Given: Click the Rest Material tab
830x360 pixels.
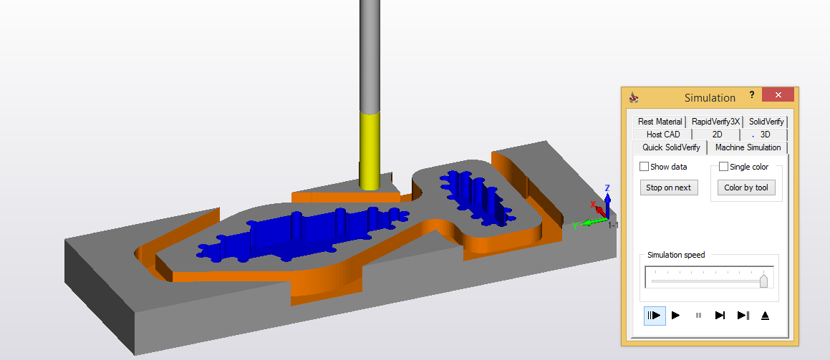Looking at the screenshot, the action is (660, 122).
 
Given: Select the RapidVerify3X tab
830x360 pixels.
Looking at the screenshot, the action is (715, 122).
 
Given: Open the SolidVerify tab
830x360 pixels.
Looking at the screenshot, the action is (766, 122).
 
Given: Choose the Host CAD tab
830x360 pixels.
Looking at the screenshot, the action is (662, 135).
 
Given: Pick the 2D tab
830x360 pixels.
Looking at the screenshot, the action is (718, 135).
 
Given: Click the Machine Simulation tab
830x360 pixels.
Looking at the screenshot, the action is (748, 147).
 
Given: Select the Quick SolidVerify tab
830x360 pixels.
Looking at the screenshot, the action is (671, 147).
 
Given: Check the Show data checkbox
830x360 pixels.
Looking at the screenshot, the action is (645, 167).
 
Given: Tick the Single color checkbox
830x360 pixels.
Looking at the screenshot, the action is (723, 167).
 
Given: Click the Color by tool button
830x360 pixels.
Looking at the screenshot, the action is (746, 188).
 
